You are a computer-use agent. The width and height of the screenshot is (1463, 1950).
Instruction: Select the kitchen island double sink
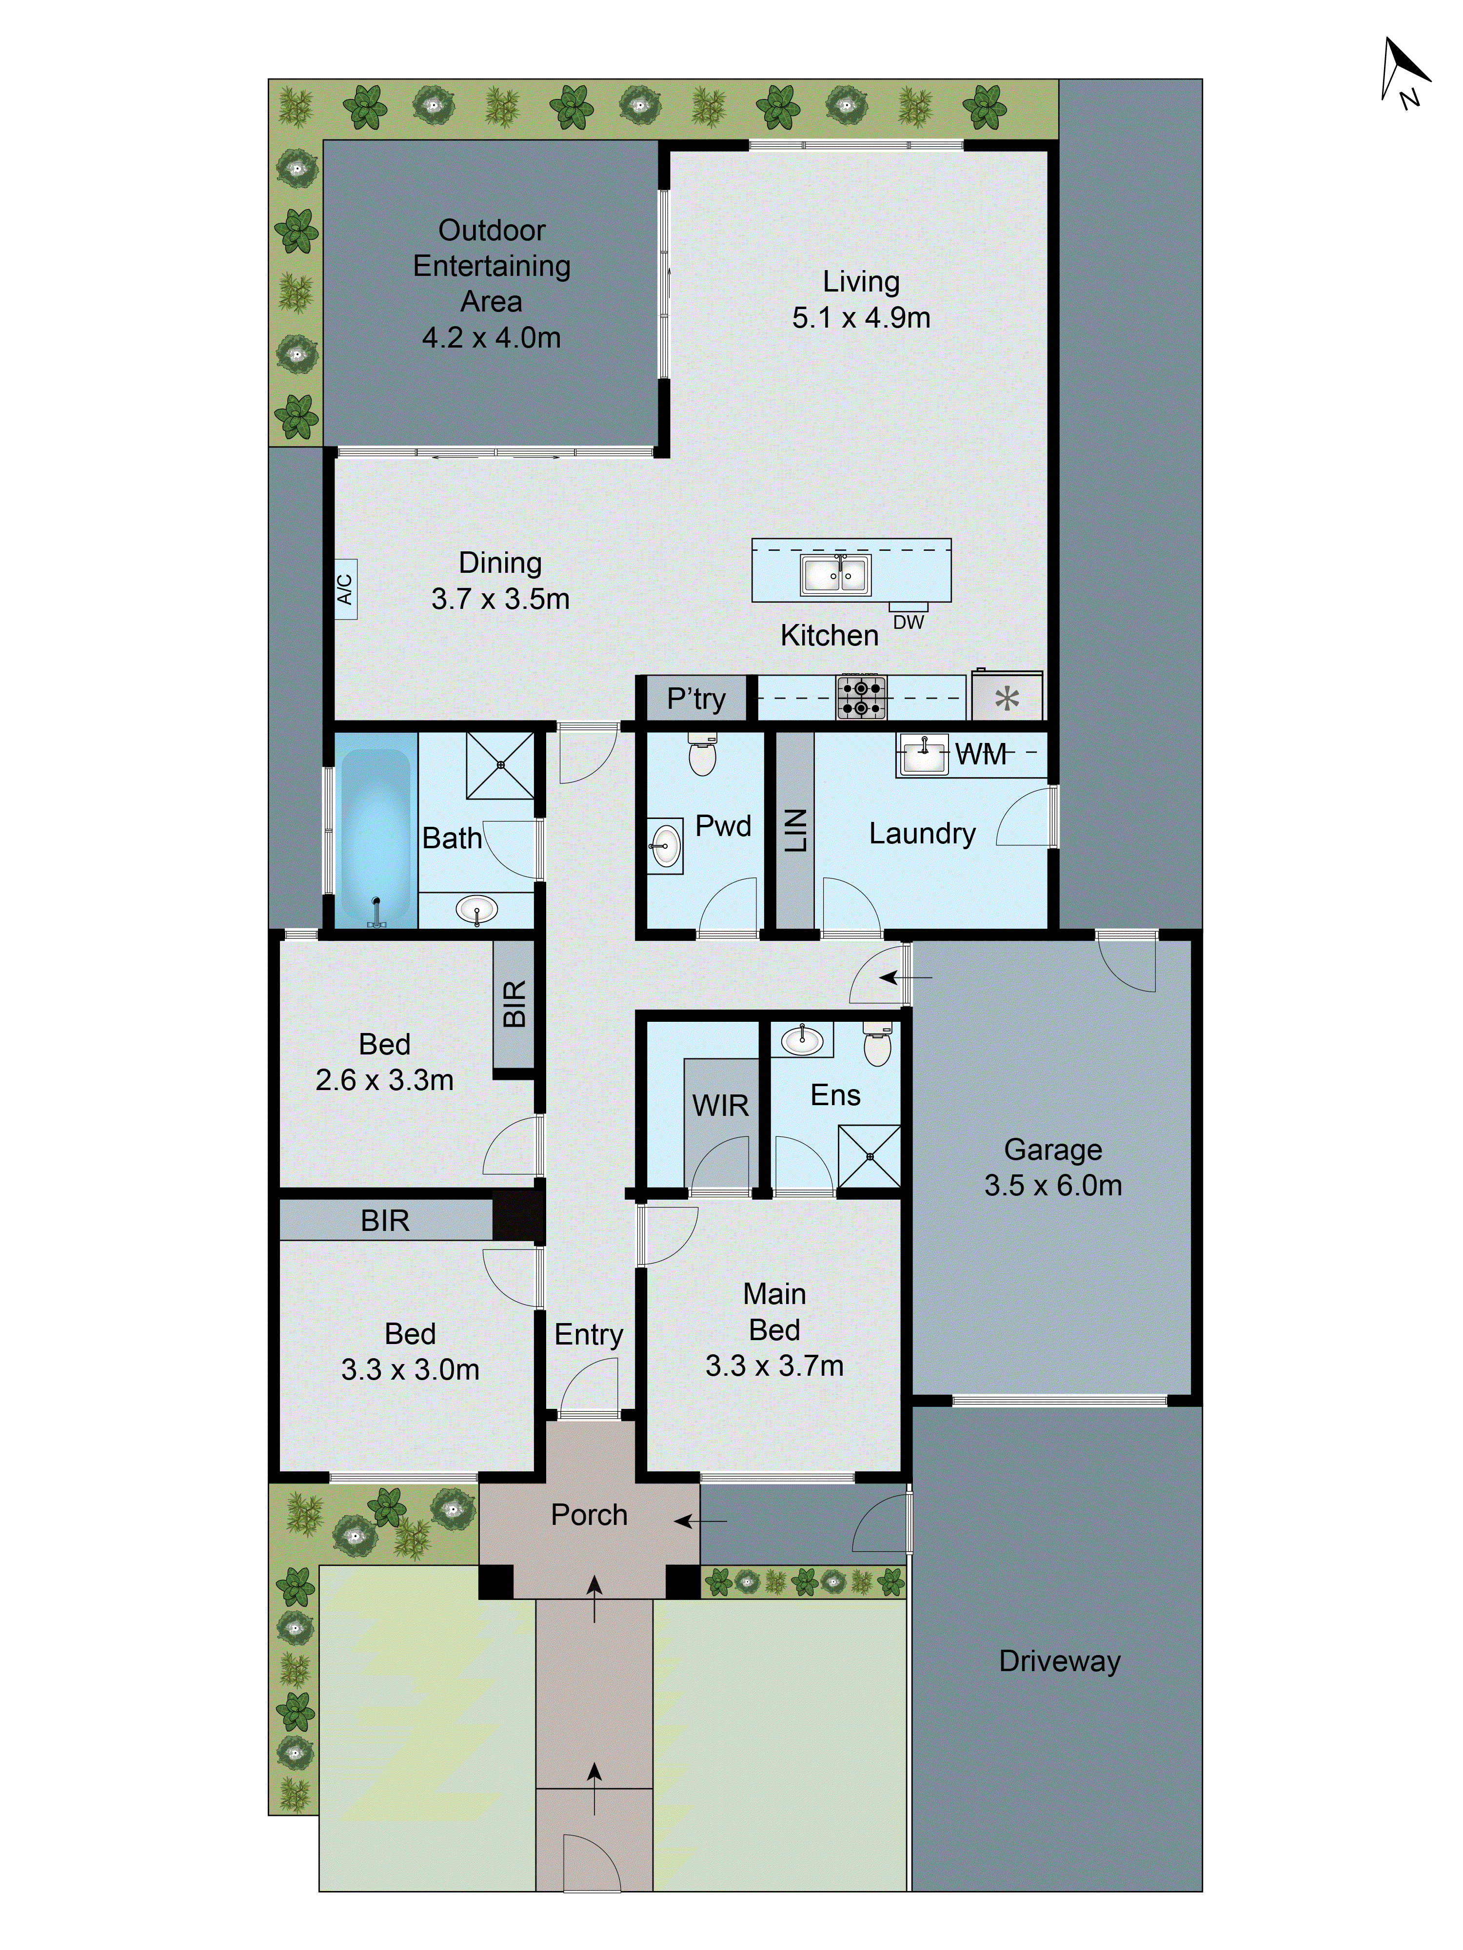(834, 575)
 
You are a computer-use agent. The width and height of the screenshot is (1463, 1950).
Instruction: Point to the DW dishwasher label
(909, 623)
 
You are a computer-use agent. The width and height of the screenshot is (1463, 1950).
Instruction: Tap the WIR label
(720, 1106)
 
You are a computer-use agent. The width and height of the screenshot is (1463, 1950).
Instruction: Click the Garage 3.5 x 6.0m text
(1053, 1167)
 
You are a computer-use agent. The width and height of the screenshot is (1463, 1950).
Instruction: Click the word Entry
(588, 1335)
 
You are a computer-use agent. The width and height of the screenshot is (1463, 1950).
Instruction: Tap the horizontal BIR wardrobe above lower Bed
(385, 1220)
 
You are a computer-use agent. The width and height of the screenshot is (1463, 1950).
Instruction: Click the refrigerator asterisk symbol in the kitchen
(1006, 699)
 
